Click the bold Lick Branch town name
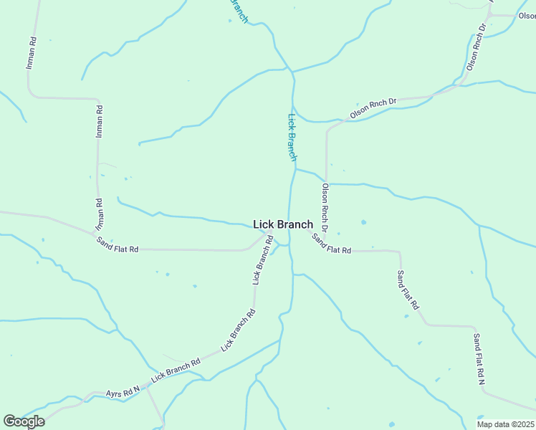click(283, 224)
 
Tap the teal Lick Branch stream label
click(292, 136)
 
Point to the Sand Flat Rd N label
click(479, 359)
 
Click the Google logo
click(24, 421)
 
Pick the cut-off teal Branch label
click(239, 11)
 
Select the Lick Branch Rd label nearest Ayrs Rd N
click(176, 371)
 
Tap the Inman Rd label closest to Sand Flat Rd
click(99, 215)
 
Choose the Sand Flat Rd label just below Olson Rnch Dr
click(331, 244)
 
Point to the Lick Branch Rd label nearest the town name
click(262, 259)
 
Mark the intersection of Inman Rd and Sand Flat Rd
click(97, 234)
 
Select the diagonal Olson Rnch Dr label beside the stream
click(373, 109)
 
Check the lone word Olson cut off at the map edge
click(527, 16)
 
